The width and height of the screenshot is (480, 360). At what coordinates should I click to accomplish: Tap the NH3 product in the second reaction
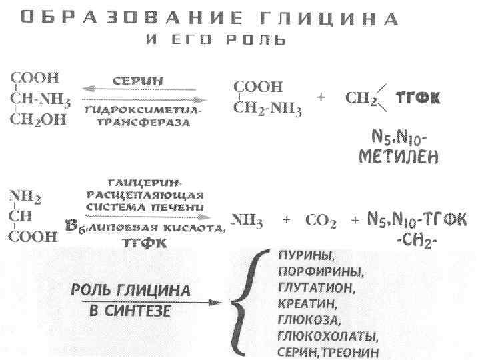point(248,218)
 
